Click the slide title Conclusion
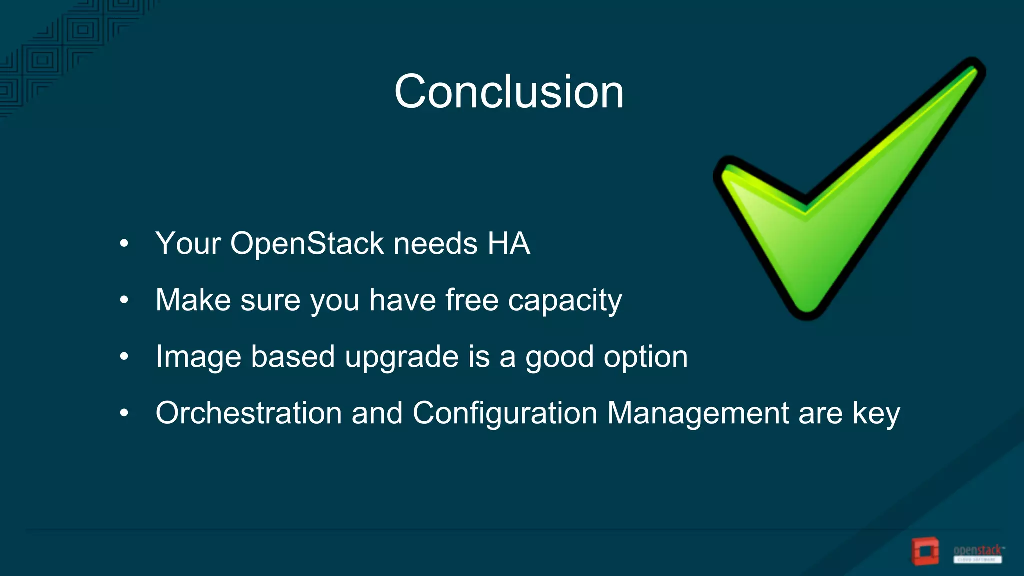509,92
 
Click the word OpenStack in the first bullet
307,244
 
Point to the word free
471,300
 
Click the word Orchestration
248,413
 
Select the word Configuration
505,413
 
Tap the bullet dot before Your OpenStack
124,244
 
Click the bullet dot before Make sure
124,300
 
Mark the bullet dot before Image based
124,357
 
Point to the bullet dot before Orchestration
124,413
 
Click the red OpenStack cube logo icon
925,552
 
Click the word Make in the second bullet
193,300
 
